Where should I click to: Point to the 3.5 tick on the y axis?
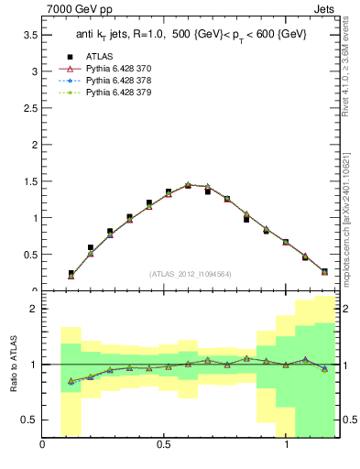pyautogui.click(x=29, y=34)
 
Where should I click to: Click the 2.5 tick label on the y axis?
pyautogui.click(x=29, y=107)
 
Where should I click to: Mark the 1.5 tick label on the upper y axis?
pyautogui.click(x=29, y=181)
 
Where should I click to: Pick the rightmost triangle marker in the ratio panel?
pyautogui.click(x=324, y=368)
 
